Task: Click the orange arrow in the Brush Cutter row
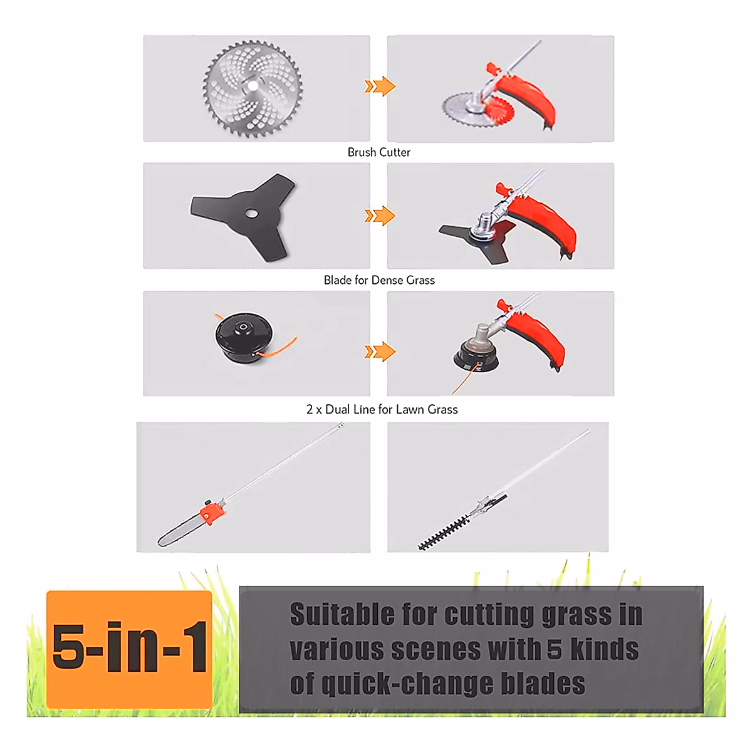pos(380,86)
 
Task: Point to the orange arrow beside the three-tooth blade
pos(380,216)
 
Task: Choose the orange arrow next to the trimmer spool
pos(380,352)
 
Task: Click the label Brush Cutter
pos(379,152)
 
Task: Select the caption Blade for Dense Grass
pos(379,280)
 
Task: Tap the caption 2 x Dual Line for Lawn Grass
pos(382,409)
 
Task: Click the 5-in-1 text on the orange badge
pos(130,647)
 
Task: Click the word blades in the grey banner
pos(543,684)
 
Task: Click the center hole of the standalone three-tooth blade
pos(251,212)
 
